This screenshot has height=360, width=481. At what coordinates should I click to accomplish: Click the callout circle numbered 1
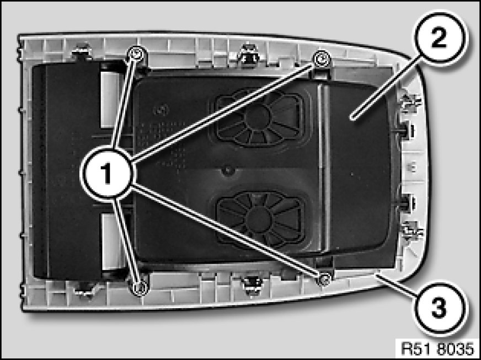coord(107,174)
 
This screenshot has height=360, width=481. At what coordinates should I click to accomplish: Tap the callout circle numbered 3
coord(439,308)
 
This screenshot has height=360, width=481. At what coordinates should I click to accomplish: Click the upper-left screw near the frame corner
coord(135,53)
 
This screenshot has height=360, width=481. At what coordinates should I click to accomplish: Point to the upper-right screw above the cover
coord(320,59)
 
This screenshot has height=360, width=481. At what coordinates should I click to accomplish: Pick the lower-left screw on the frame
coord(140,288)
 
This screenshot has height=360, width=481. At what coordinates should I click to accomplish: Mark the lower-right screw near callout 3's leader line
coord(324,279)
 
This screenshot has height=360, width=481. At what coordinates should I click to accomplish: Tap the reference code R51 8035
coord(437,349)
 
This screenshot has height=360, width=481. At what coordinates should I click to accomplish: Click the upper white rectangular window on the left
coord(110,100)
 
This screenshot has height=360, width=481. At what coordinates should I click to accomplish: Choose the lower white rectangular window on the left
coord(110,241)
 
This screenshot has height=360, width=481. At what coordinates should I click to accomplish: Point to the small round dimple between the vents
coord(227,170)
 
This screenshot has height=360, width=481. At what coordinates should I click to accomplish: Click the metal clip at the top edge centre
coord(250,55)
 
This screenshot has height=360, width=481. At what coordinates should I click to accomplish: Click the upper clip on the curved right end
coord(410,103)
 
